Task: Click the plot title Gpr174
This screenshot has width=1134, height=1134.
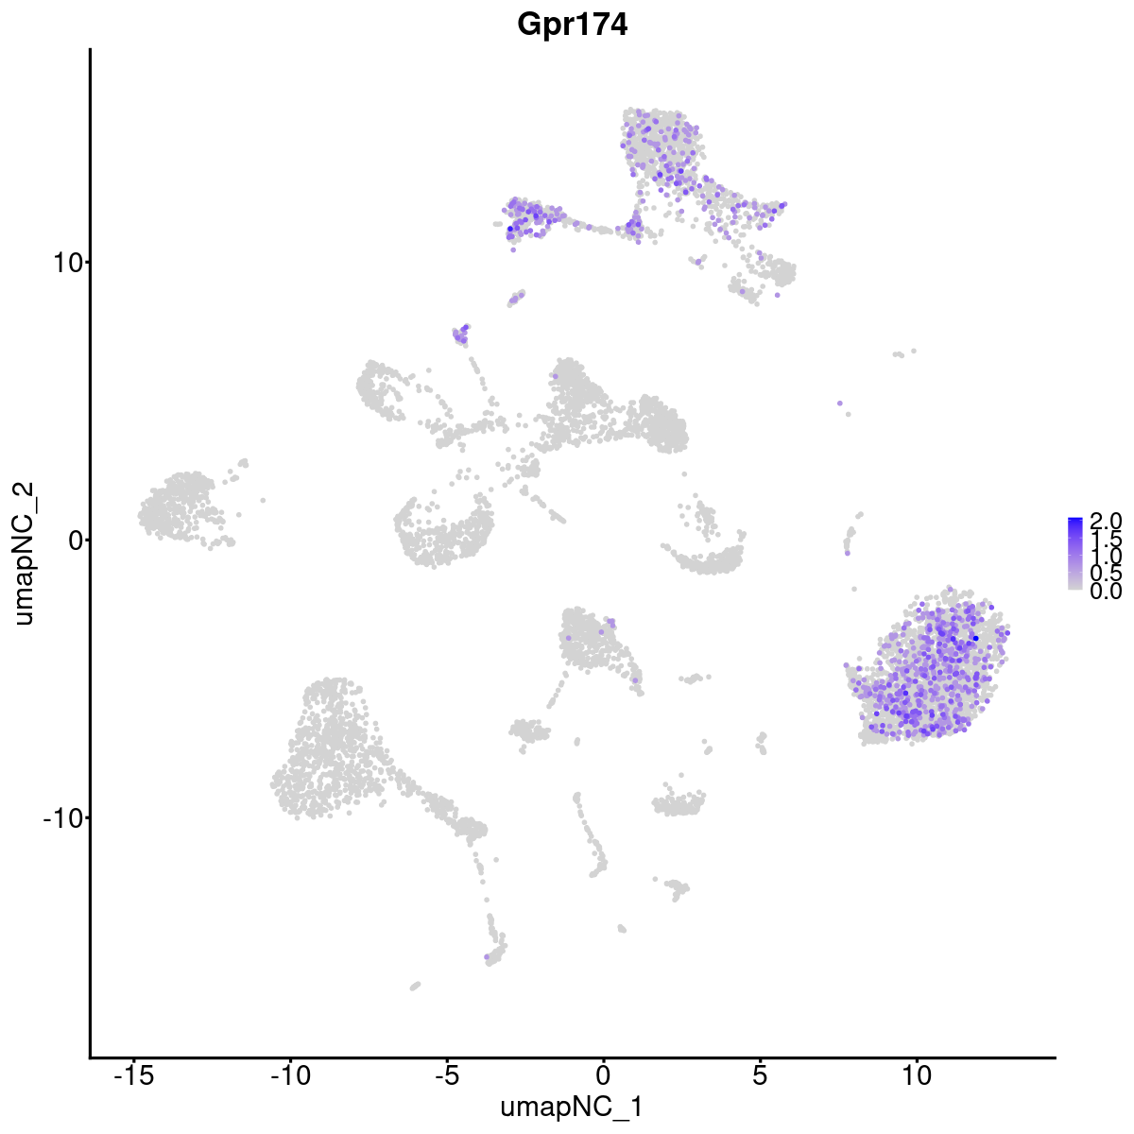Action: coord(572,26)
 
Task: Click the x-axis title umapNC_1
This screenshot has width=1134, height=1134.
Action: coord(572,1107)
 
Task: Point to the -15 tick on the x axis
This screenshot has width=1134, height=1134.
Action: coord(133,1075)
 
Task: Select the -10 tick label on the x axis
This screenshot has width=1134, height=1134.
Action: coord(289,1075)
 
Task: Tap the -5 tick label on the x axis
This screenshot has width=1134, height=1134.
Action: coord(446,1075)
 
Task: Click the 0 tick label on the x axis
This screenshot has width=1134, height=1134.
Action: coord(603,1075)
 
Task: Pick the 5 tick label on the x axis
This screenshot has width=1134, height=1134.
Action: coord(760,1075)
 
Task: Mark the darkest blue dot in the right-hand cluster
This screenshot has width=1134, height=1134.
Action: coord(975,639)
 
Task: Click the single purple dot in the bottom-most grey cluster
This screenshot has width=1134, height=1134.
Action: coord(487,957)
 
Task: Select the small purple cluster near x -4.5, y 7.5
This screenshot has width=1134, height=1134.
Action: coord(461,333)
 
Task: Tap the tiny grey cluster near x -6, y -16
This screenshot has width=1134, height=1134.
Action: coord(415,986)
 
